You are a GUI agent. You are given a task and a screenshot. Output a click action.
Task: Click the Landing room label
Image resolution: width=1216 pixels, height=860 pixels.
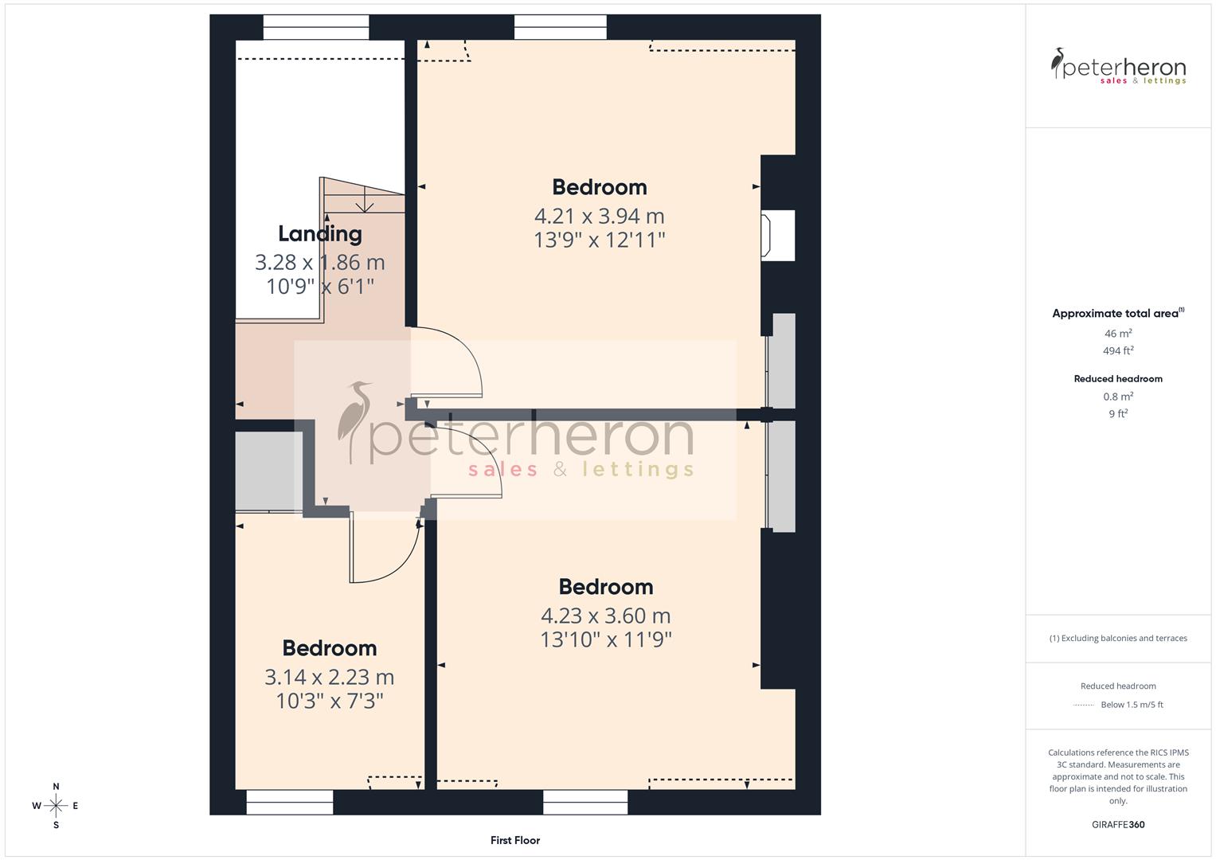[x=319, y=233]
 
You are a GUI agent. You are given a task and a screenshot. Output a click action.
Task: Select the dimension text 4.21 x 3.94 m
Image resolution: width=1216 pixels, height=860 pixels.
[x=599, y=216]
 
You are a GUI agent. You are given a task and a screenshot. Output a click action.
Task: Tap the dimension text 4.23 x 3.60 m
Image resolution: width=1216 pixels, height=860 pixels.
[x=605, y=616]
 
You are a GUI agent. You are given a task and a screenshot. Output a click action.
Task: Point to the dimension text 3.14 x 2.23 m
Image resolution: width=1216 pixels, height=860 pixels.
[x=329, y=677]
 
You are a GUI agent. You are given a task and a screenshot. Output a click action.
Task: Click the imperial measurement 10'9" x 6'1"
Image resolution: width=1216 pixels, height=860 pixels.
[x=319, y=287]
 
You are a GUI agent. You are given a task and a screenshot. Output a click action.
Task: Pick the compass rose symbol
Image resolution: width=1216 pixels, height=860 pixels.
[x=56, y=805]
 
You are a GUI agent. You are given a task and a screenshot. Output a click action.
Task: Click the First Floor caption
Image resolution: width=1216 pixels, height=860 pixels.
[x=514, y=840]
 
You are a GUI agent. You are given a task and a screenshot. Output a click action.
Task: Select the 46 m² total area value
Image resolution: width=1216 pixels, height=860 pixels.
[x=1117, y=334]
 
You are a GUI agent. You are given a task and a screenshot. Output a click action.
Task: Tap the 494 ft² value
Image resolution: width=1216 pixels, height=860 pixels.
[x=1117, y=350]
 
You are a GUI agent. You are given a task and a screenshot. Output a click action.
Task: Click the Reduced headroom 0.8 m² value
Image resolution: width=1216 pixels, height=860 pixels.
[x=1117, y=397]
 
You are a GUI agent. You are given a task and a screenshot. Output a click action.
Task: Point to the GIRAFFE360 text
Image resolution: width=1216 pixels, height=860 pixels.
[x=1117, y=824]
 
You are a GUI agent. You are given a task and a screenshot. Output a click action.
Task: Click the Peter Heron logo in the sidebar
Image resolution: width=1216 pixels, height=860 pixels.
[x=1117, y=66]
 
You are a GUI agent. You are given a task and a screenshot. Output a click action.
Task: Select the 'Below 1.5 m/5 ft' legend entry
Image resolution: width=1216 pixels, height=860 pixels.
[x=1131, y=705]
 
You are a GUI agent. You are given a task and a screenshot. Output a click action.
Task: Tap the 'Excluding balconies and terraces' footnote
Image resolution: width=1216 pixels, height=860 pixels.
[x=1117, y=638]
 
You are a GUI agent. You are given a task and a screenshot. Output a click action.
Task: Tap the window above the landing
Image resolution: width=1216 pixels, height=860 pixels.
[x=315, y=27]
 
